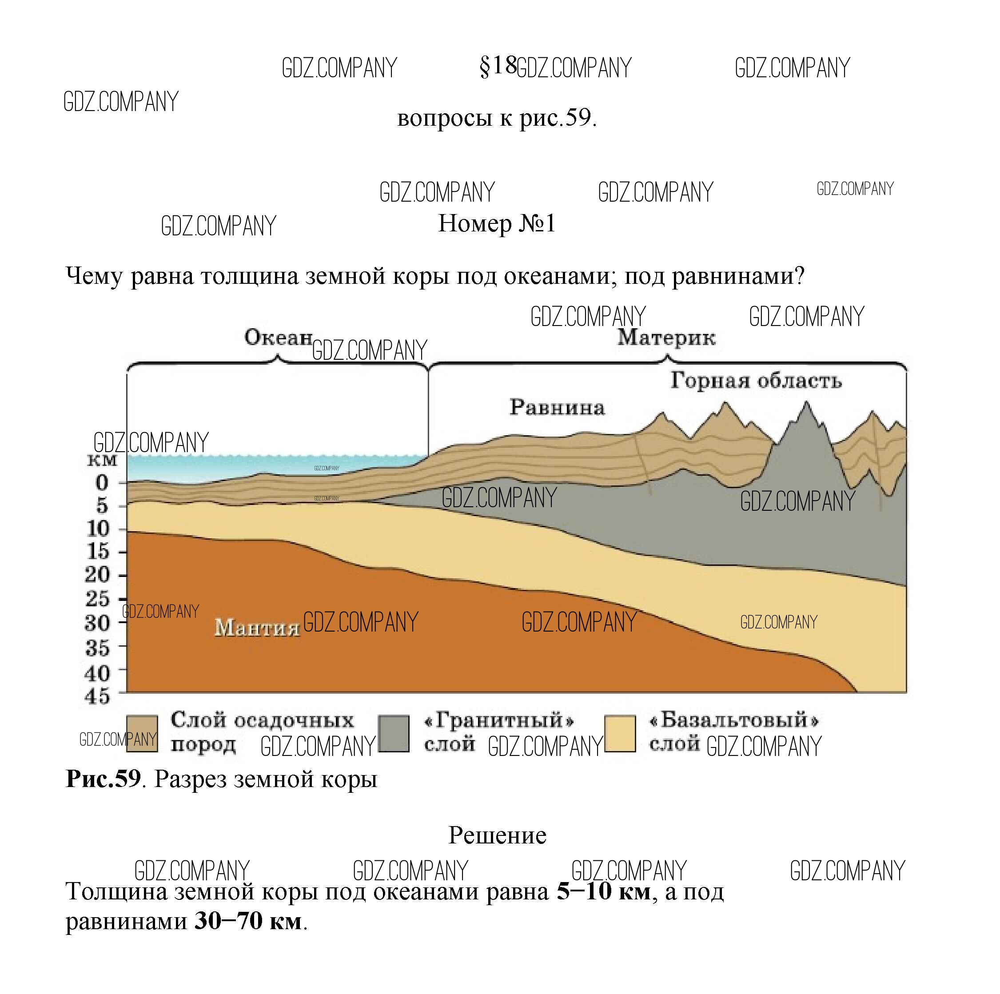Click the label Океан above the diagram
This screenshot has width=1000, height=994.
point(278,338)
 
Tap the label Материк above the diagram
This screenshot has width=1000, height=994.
point(666,338)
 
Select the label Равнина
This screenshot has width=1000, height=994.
point(557,407)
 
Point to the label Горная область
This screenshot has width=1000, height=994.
point(756,380)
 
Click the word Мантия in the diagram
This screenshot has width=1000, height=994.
point(257,628)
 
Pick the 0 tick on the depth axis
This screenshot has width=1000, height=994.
point(102,483)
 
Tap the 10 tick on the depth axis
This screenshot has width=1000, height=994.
point(98,529)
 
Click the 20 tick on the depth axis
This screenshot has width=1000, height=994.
point(98,575)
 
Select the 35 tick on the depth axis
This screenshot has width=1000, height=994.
point(98,647)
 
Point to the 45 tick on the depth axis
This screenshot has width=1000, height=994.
point(98,696)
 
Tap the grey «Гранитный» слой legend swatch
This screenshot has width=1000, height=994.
point(393,733)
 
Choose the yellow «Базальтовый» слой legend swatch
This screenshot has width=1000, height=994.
point(620,733)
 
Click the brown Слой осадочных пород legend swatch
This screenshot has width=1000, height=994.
point(142,733)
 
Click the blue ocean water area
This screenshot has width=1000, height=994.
point(207,467)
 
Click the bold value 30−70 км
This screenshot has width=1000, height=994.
point(248,921)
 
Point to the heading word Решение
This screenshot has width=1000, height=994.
point(497,835)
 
